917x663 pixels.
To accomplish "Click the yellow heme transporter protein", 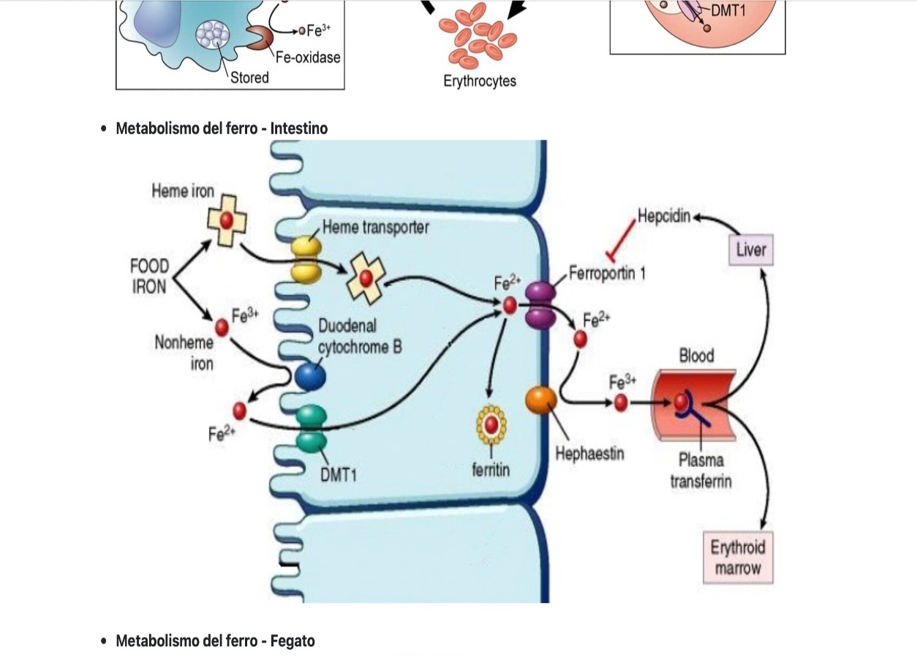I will (306, 259).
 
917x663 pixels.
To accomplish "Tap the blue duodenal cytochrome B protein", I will (310, 376).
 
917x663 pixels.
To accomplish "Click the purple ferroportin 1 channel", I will (540, 304).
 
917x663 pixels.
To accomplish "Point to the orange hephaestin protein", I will (541, 400).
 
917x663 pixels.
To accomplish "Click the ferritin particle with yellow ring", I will (491, 424).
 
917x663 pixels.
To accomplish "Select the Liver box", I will (751, 250).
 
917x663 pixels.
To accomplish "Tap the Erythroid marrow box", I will (737, 558).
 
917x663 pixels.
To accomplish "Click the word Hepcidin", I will (664, 217).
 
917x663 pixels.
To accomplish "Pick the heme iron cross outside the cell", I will (227, 220).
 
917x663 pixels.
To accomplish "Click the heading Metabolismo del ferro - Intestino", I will (222, 129).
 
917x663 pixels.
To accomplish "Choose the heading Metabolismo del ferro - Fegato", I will (215, 641).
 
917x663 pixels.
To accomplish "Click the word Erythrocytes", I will (480, 81).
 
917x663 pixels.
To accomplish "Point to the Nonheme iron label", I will (184, 352).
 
